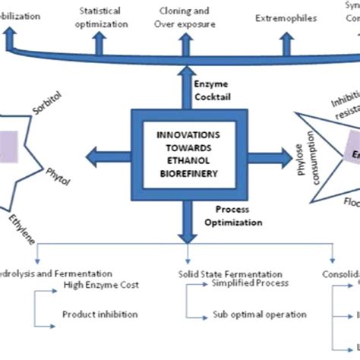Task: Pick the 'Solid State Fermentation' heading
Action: click(x=221, y=273)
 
